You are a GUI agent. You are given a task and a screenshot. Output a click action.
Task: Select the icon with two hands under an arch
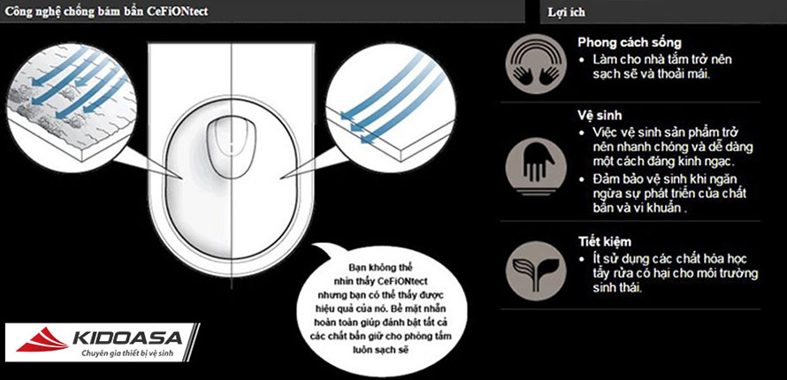click(536, 65)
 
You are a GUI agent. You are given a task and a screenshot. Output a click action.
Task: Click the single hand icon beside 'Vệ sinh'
click(536, 166)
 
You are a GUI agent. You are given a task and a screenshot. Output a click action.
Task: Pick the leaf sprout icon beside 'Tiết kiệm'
click(536, 270)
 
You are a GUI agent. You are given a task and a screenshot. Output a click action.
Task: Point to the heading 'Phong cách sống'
click(630, 42)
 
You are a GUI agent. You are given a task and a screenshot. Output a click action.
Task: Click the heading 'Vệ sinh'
click(600, 116)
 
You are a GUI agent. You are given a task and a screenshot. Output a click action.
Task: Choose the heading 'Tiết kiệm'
click(604, 242)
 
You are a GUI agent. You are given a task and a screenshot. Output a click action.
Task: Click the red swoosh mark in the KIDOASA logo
click(42, 339)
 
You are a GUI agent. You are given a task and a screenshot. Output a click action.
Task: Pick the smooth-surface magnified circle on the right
click(391, 108)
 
